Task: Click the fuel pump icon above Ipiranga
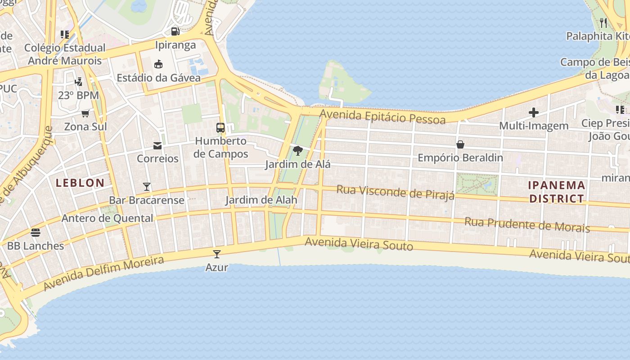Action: [x=175, y=31]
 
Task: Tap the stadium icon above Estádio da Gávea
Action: [x=158, y=64]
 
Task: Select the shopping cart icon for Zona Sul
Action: [x=85, y=113]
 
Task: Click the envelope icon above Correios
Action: [x=157, y=145]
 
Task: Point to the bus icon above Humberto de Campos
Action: [x=220, y=128]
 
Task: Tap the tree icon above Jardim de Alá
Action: [x=297, y=151]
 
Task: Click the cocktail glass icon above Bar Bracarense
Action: [x=147, y=187]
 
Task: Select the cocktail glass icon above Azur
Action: [x=217, y=254]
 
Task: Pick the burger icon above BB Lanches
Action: [x=36, y=233]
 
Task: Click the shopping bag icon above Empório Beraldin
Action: [x=460, y=144]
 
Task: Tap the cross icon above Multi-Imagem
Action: [x=534, y=112]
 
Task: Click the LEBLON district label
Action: [x=80, y=183]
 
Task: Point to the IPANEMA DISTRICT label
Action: [x=557, y=192]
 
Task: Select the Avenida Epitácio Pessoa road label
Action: [x=382, y=117]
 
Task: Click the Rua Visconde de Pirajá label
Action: [x=396, y=192]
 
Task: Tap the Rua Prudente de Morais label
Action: [x=527, y=225]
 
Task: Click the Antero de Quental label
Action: [x=108, y=218]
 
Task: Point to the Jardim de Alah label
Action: [x=261, y=200]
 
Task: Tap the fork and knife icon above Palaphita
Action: [x=603, y=22]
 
